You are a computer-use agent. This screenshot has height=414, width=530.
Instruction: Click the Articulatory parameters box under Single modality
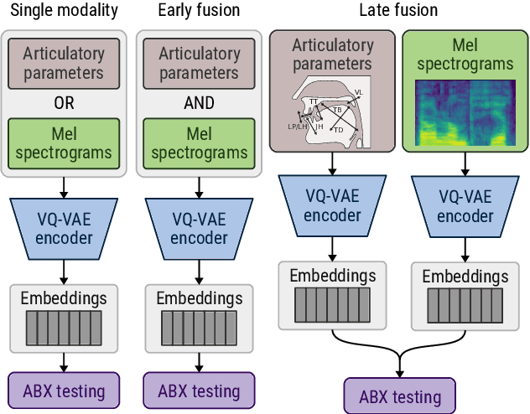click(65, 63)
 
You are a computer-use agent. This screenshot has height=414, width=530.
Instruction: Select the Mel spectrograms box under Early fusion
click(199, 142)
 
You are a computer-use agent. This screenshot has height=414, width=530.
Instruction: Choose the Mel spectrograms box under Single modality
click(65, 142)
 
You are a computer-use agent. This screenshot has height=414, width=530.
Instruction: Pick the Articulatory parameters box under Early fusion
click(199, 63)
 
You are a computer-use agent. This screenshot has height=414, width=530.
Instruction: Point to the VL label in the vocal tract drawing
click(358, 92)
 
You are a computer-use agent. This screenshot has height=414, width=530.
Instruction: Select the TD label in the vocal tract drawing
click(339, 130)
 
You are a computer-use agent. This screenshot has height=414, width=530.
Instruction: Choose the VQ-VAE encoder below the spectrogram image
click(465, 204)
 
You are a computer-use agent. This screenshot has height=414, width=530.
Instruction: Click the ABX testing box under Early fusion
click(199, 390)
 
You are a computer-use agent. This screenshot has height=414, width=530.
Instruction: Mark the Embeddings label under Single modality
click(65, 298)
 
